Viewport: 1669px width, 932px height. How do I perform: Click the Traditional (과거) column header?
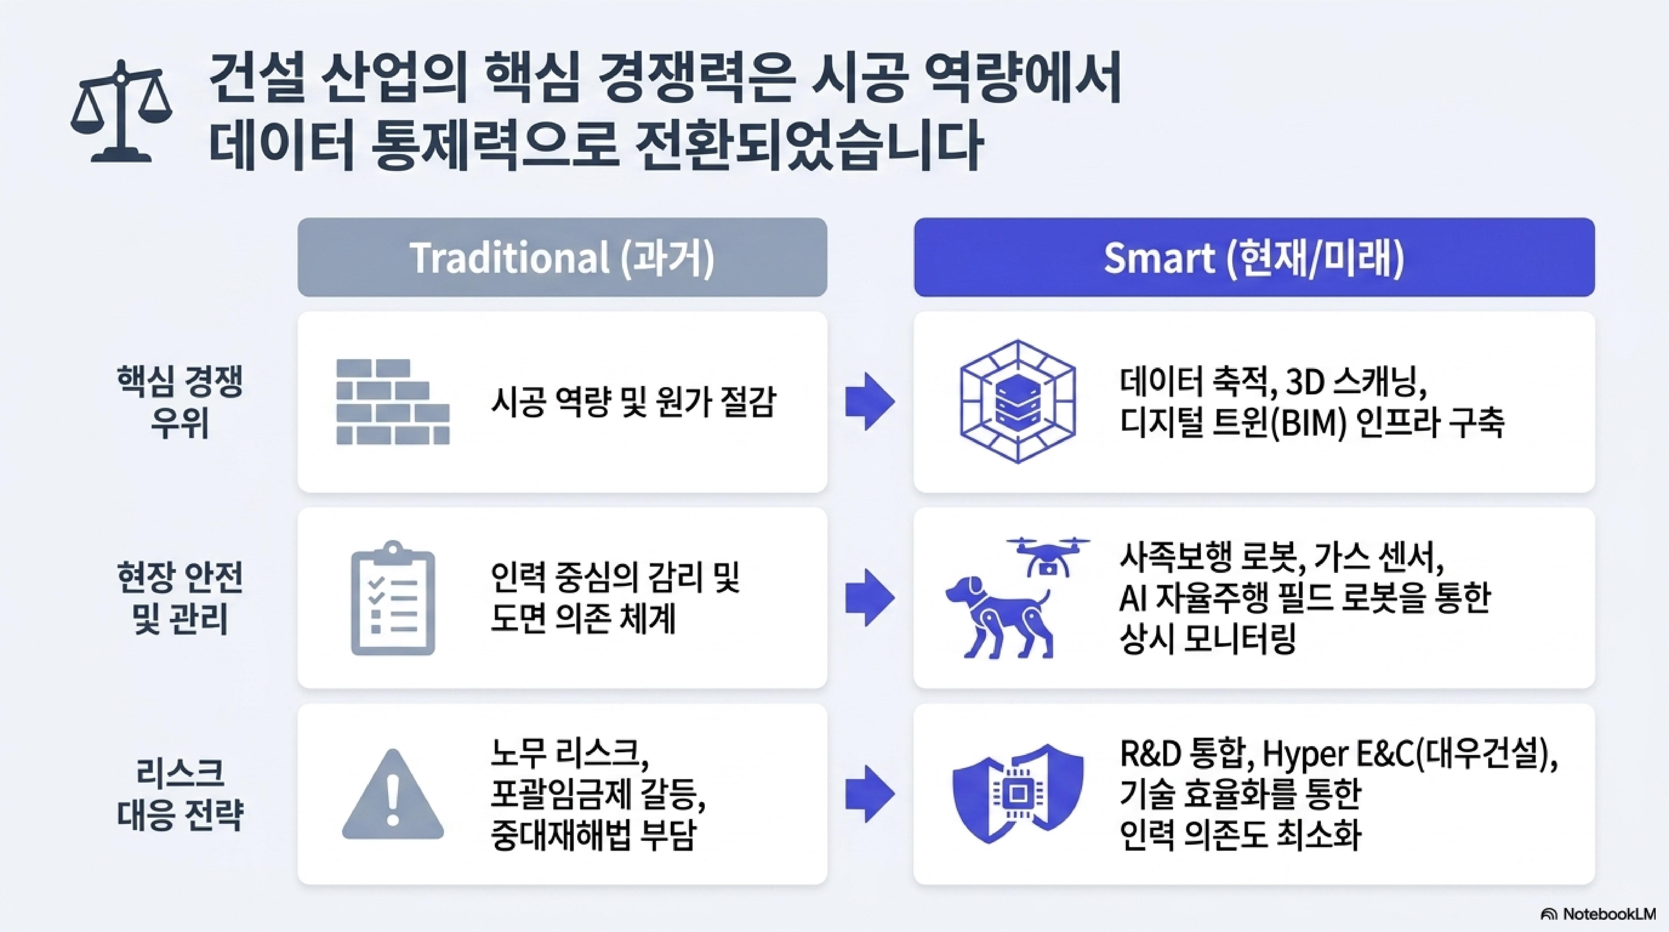tap(562, 257)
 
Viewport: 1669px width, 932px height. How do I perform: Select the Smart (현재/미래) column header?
tap(1254, 257)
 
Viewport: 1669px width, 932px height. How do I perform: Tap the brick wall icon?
tap(393, 402)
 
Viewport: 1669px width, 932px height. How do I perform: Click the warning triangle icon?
tap(393, 795)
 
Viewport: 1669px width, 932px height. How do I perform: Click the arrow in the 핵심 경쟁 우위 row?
tap(870, 402)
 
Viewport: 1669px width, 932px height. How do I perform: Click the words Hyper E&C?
tap(1337, 754)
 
